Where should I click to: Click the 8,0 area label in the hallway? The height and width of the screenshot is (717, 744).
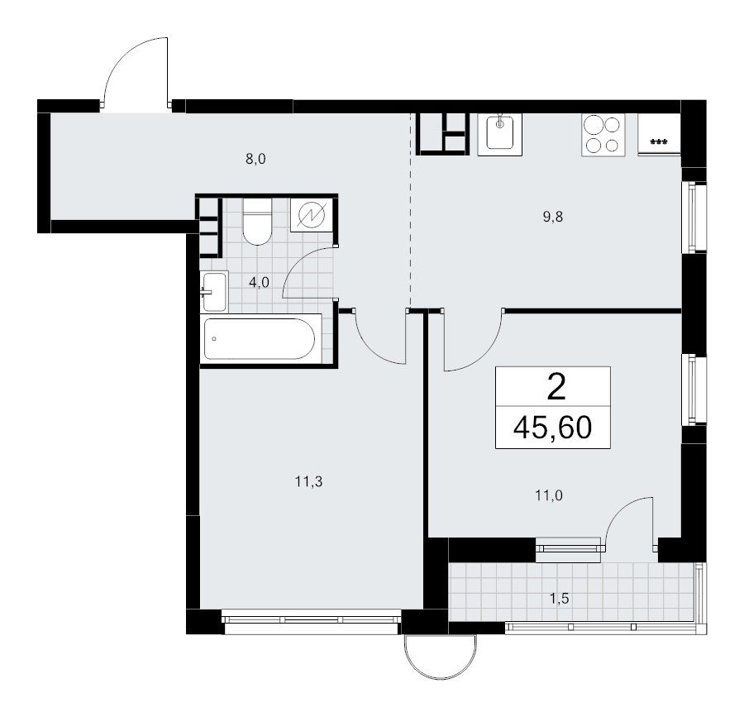[x=255, y=159]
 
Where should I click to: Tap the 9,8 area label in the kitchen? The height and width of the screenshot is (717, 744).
[x=553, y=217]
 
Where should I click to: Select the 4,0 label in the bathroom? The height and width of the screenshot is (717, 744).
[x=259, y=283]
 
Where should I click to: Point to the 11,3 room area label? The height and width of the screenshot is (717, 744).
[x=308, y=482]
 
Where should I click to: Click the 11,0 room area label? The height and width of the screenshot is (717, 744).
[x=549, y=496]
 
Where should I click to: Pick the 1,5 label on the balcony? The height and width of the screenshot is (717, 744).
[x=559, y=599]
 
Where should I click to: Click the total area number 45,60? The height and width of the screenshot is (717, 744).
[x=552, y=427]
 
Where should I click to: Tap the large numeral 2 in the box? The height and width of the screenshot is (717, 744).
[x=556, y=387]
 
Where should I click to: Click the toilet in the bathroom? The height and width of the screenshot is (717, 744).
[x=257, y=221]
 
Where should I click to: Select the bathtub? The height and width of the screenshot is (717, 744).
[x=260, y=339]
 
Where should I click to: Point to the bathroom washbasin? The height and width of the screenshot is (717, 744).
[x=214, y=291]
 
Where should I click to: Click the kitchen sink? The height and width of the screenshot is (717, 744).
[x=499, y=134]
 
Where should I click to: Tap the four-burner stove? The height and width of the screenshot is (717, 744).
[x=603, y=135]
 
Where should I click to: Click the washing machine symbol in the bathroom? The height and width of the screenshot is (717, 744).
[x=312, y=216]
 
